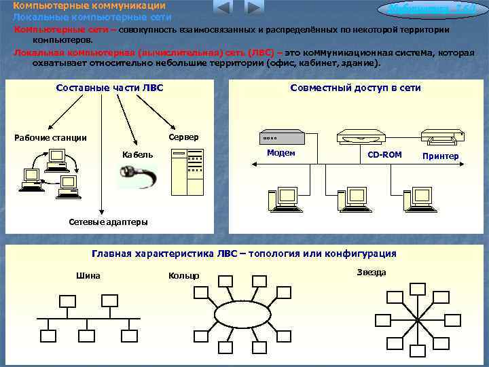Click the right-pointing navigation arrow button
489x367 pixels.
coord(253,7)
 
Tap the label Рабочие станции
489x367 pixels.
coord(51,138)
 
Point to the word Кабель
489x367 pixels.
coord(137,155)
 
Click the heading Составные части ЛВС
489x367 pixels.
coord(109,88)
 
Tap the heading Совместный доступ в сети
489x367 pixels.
coord(355,88)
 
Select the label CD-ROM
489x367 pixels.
coord(384,155)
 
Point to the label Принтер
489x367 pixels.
coord(440,156)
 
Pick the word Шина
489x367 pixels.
coord(89,275)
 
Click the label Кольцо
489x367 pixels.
coord(183,275)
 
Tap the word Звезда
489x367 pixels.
coord(371,273)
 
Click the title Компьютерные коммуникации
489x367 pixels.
coord(89,5)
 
